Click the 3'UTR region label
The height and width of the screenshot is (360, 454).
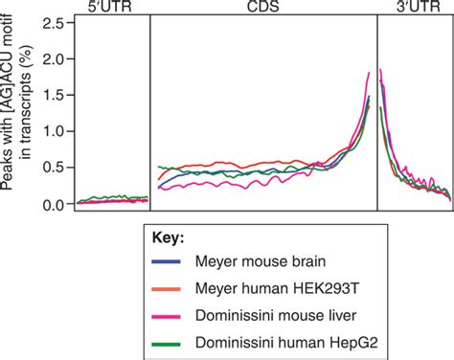(x=414, y=7)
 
